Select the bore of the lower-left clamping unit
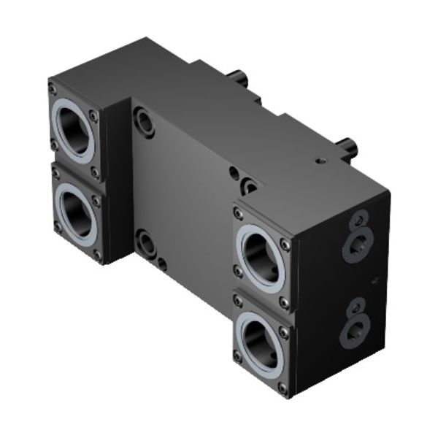click(77, 214)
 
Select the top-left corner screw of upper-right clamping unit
click(238, 213)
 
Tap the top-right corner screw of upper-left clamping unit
click(94, 115)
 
